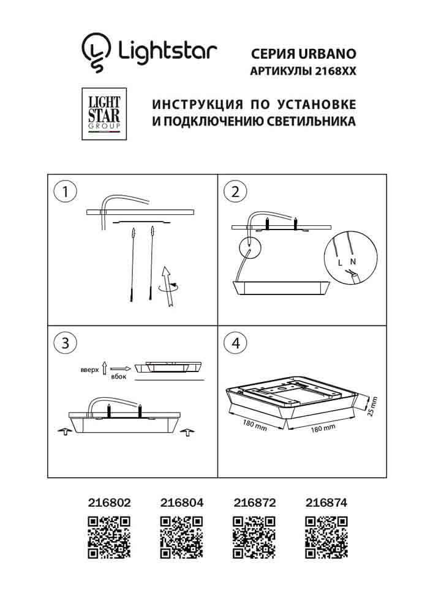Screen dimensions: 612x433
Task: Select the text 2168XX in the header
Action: point(334,71)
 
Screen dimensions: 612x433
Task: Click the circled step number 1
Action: point(66,192)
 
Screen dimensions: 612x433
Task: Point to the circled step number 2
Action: point(235,192)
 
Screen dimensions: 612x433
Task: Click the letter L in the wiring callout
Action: point(340,262)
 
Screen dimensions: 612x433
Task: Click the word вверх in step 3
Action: point(90,371)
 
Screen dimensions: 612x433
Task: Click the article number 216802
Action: point(108,502)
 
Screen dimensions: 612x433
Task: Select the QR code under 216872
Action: point(254,537)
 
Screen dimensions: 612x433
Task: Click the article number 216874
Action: point(326,502)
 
